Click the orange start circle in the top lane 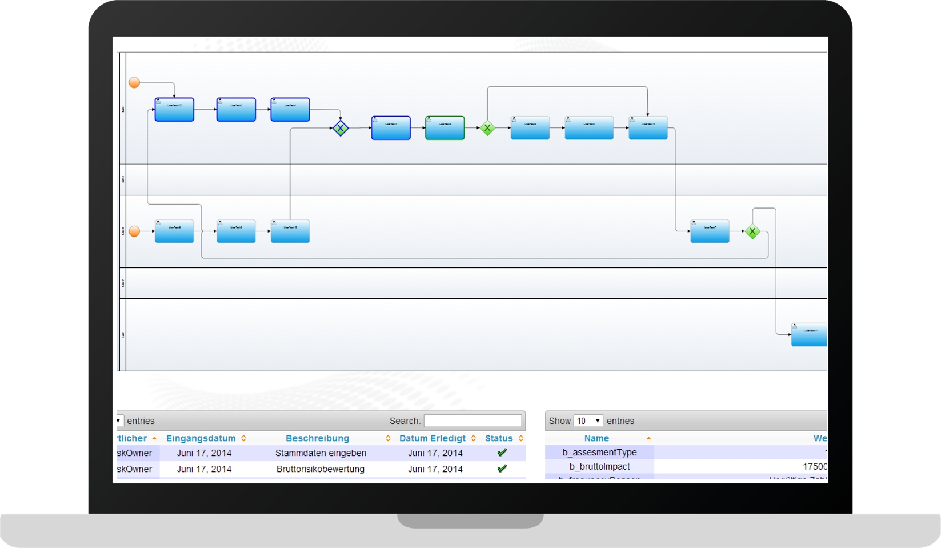pos(134,83)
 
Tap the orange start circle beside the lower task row pos(134,231)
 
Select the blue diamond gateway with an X pos(341,129)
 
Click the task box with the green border pos(445,128)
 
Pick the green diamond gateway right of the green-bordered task pos(487,129)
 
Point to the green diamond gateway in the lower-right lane pos(752,231)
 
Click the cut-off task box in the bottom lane pos(808,335)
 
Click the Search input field pos(472,421)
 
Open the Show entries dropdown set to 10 pos(588,421)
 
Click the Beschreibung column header pos(317,438)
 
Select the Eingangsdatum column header pos(201,438)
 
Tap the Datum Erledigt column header pos(433,438)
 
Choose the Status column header pos(499,438)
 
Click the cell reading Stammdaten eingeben pos(321,453)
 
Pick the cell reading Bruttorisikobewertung pos(321,469)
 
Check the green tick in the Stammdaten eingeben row pos(502,453)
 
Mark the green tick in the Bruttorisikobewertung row pos(502,469)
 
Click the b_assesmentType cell pos(599,453)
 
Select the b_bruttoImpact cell pos(599,467)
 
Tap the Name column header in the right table pos(596,438)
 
